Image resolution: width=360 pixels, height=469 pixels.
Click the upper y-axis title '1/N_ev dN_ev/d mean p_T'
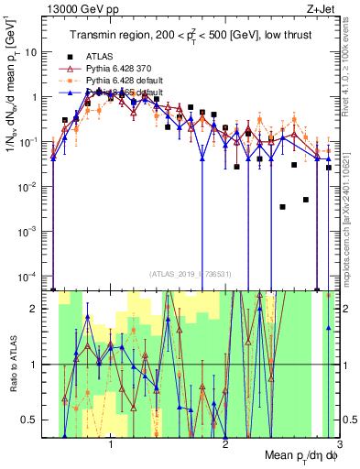click(x=11, y=128)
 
